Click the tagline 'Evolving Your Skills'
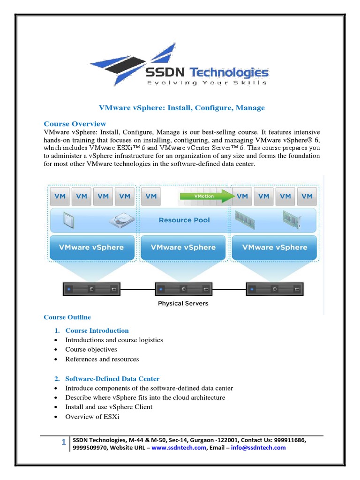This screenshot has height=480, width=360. pos(207,83)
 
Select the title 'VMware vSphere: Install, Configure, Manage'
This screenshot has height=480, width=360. pos(182,108)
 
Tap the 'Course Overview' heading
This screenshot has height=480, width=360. pos(75,124)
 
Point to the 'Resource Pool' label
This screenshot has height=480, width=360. pos(184,220)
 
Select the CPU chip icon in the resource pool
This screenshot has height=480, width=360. pos(69,220)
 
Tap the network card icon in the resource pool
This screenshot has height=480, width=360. pos(292,219)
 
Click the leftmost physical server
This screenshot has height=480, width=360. pos(91,289)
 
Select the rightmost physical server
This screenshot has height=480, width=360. pos(275,289)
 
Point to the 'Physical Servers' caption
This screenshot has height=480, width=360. pos(183,303)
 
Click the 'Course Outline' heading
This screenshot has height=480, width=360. pos(67,317)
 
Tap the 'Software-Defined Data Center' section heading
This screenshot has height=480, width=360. pos(112,379)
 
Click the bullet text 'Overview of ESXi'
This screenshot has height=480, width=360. pos(92,417)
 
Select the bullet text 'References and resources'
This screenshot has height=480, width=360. pos(102,359)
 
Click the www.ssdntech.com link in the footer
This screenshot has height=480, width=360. pos(179,448)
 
